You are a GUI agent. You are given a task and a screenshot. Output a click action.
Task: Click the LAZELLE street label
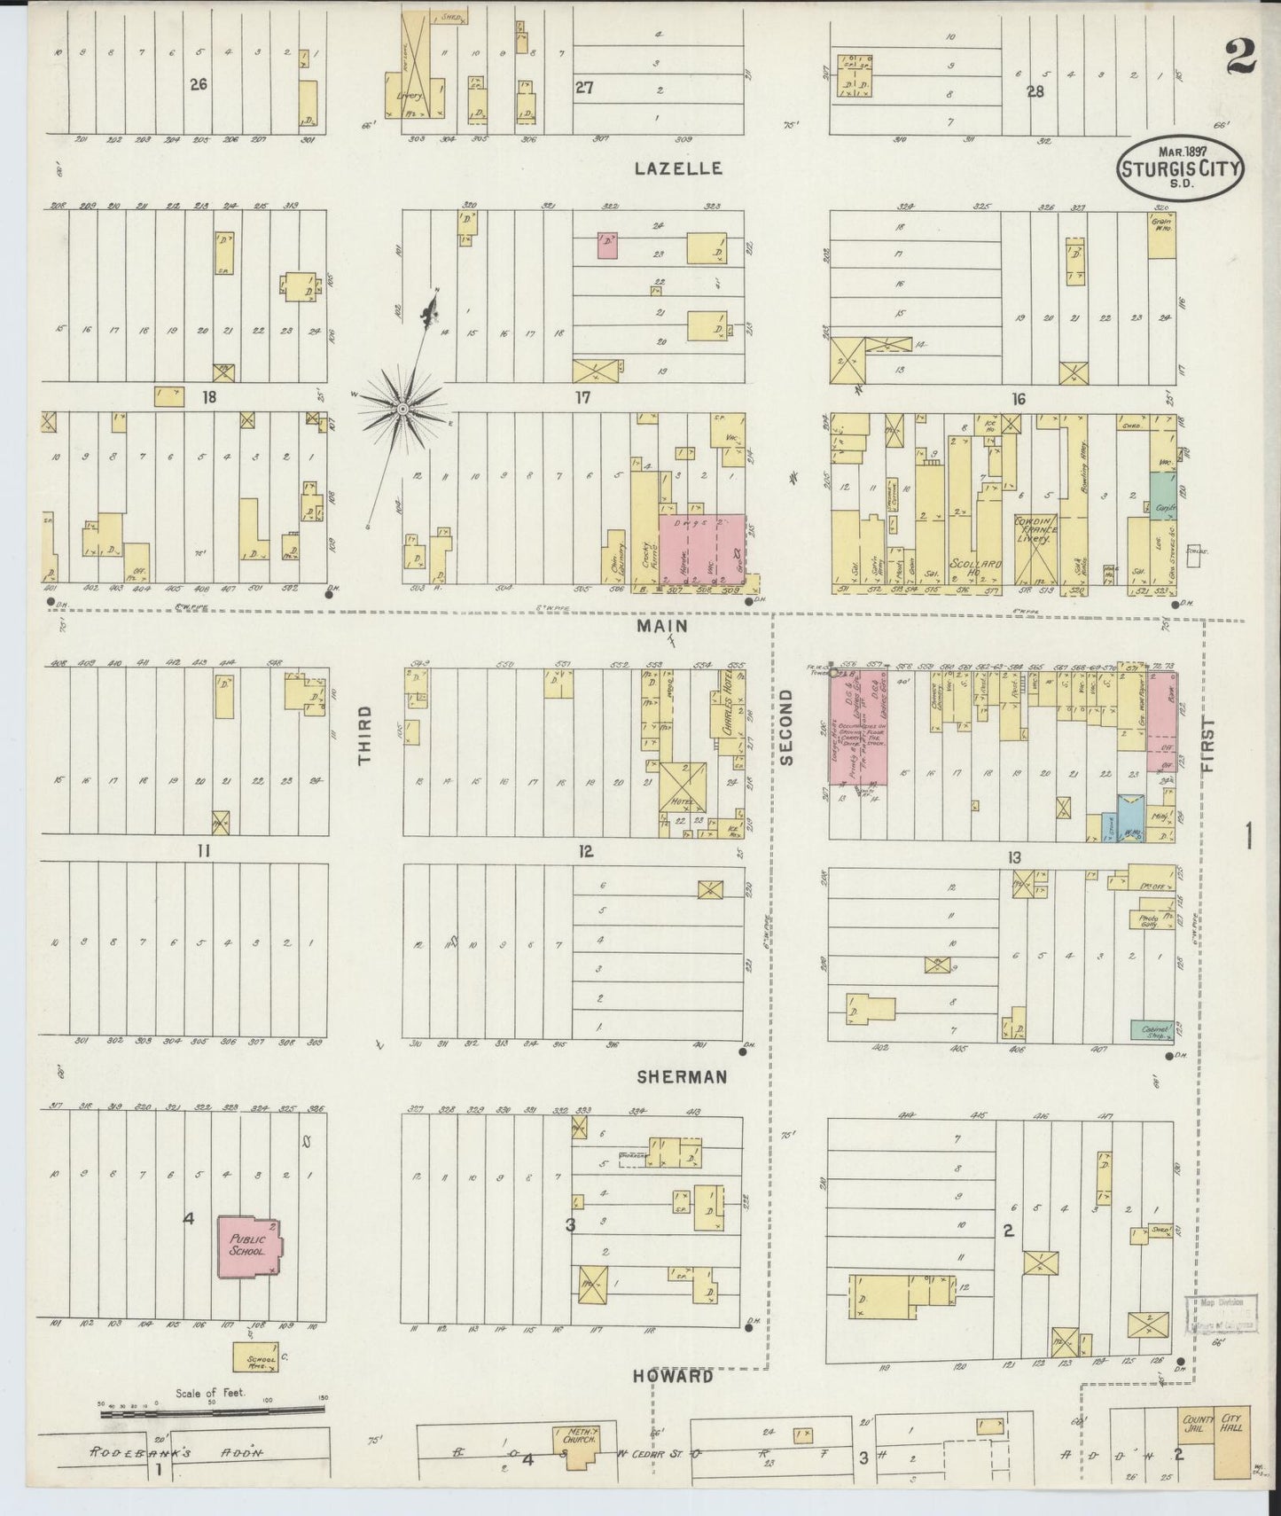coord(678,168)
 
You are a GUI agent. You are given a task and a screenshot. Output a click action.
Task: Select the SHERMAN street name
coord(682,1076)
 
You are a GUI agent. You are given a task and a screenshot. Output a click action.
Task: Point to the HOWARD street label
coord(673,1377)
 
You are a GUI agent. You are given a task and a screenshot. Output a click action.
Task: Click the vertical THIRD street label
coord(364,735)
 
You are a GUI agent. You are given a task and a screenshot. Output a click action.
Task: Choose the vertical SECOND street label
coord(786,727)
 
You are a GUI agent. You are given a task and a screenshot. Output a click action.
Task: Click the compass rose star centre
coord(402,408)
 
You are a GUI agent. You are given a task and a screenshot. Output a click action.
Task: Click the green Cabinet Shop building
coord(1152,1029)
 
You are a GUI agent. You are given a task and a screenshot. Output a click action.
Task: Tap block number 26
coord(198,84)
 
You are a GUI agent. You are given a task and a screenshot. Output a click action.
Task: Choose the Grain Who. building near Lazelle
coord(1161,234)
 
